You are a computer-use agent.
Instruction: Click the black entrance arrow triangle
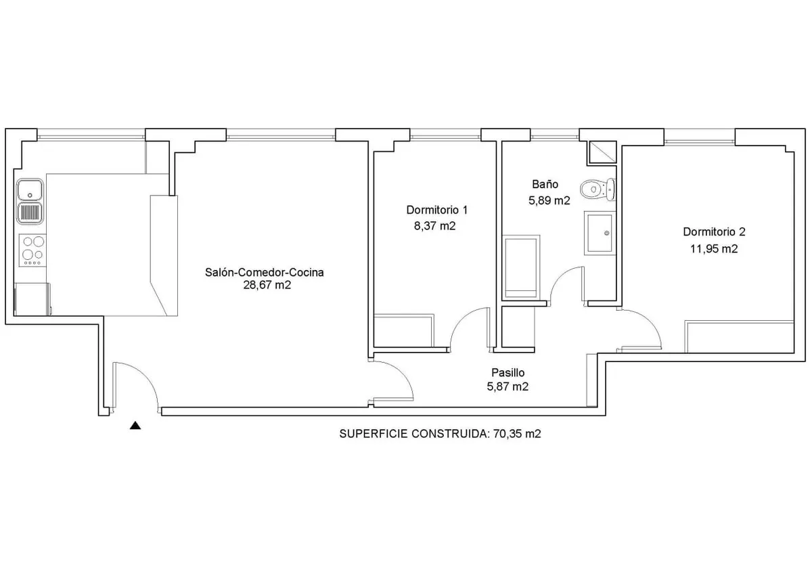click(x=135, y=425)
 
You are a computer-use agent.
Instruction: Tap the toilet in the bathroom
click(x=597, y=189)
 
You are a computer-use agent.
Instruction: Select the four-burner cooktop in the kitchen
click(x=32, y=250)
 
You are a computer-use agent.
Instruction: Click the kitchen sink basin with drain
click(x=30, y=190)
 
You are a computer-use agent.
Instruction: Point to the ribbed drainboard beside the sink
click(x=30, y=213)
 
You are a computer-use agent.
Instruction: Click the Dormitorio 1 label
click(x=437, y=210)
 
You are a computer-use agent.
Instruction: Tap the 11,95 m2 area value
click(x=714, y=248)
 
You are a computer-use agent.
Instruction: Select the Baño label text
click(x=545, y=184)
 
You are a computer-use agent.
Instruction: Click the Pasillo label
click(x=508, y=372)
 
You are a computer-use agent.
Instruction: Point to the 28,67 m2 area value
click(x=267, y=285)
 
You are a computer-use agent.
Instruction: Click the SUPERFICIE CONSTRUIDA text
click(x=413, y=434)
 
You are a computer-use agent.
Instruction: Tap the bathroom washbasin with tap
click(x=600, y=233)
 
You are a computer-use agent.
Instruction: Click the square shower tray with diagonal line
click(x=602, y=152)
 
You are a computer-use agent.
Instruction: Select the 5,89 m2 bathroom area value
click(x=549, y=200)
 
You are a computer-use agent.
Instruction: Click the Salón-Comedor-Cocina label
click(x=265, y=272)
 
